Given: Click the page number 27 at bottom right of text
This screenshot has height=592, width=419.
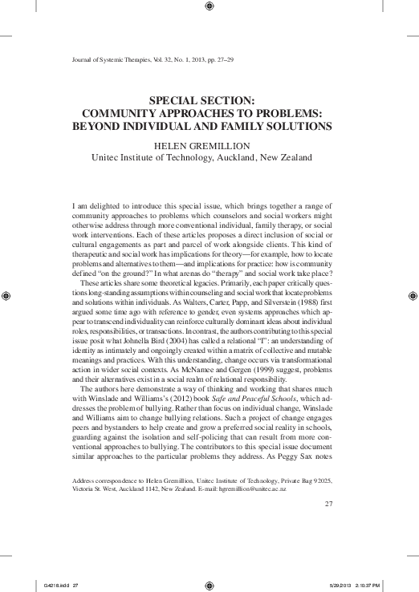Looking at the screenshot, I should (327, 503).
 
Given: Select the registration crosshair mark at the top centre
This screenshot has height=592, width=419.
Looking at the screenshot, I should (209, 8).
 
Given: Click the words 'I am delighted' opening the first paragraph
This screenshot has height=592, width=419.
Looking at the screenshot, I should (95, 206).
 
